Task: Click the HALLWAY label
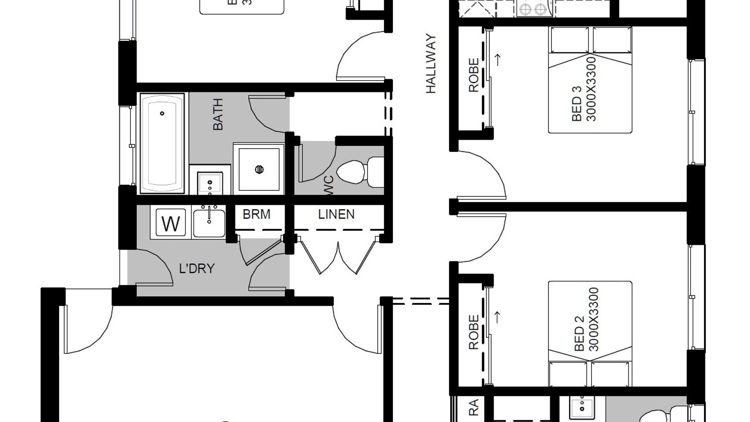431,64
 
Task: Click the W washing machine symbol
171,223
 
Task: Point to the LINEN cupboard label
336,214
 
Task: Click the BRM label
256,214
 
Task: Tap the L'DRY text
197,269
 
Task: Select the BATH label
218,114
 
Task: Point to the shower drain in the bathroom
259,169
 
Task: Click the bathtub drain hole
162,113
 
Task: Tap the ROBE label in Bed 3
474,75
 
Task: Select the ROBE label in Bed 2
474,332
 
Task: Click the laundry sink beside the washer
209,223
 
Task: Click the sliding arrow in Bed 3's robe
498,59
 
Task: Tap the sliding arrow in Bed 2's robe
498,317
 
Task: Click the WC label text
329,182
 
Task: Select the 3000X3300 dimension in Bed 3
592,89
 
